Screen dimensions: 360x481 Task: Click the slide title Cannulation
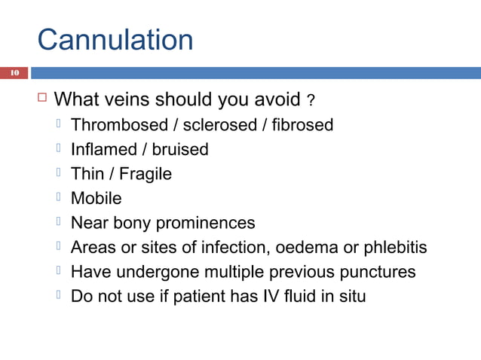click(115, 39)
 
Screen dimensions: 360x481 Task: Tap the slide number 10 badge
click(14, 73)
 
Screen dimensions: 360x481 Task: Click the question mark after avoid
click(311, 101)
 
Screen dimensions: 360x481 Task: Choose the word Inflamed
click(103, 150)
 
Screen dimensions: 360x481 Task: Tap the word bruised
click(180, 150)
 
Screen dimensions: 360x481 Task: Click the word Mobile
click(96, 199)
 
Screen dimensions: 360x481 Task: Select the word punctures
click(380, 272)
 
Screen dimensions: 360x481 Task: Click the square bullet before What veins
click(42, 98)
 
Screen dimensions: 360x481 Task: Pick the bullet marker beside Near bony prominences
click(60, 222)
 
